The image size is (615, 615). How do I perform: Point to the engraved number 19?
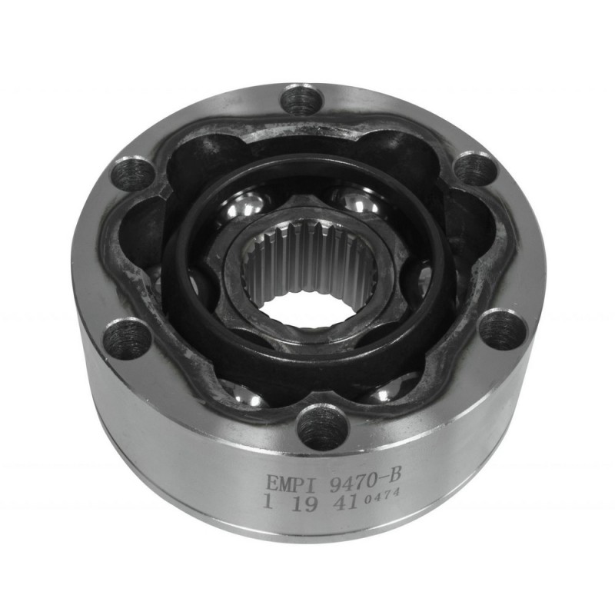click(304, 504)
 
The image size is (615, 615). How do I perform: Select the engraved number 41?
click(345, 502)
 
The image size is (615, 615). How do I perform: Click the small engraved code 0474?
click(381, 496)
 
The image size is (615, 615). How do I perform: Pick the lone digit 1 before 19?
click(268, 501)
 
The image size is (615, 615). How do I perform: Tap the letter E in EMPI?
click(272, 484)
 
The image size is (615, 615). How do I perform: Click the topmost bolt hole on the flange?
click(302, 100)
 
